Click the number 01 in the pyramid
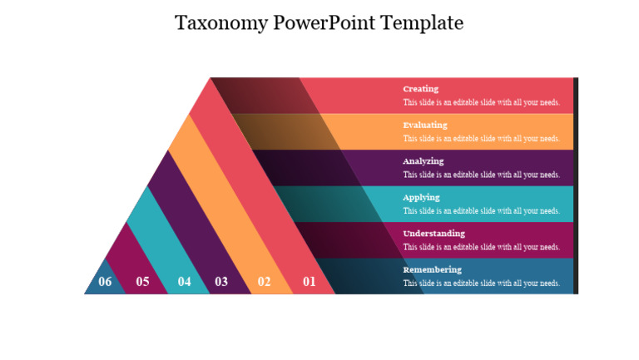(310, 281)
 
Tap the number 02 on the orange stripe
(264, 281)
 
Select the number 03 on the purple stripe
(221, 281)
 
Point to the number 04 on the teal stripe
(184, 281)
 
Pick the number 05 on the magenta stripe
(142, 281)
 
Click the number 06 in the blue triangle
(105, 281)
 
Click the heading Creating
(420, 89)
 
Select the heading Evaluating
(424, 125)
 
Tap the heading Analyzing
(424, 161)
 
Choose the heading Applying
(421, 197)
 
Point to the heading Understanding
(433, 234)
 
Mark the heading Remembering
(432, 269)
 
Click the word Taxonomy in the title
(221, 22)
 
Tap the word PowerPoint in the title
(325, 22)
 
